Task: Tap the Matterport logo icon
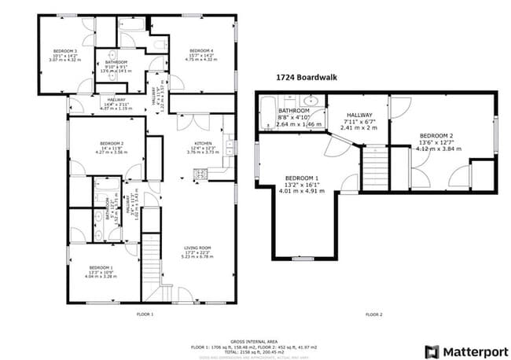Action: (x=432, y=351)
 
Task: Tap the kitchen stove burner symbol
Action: (x=200, y=174)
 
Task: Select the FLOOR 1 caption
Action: (x=145, y=314)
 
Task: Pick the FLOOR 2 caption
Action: (x=374, y=314)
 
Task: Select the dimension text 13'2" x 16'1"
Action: (x=302, y=184)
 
